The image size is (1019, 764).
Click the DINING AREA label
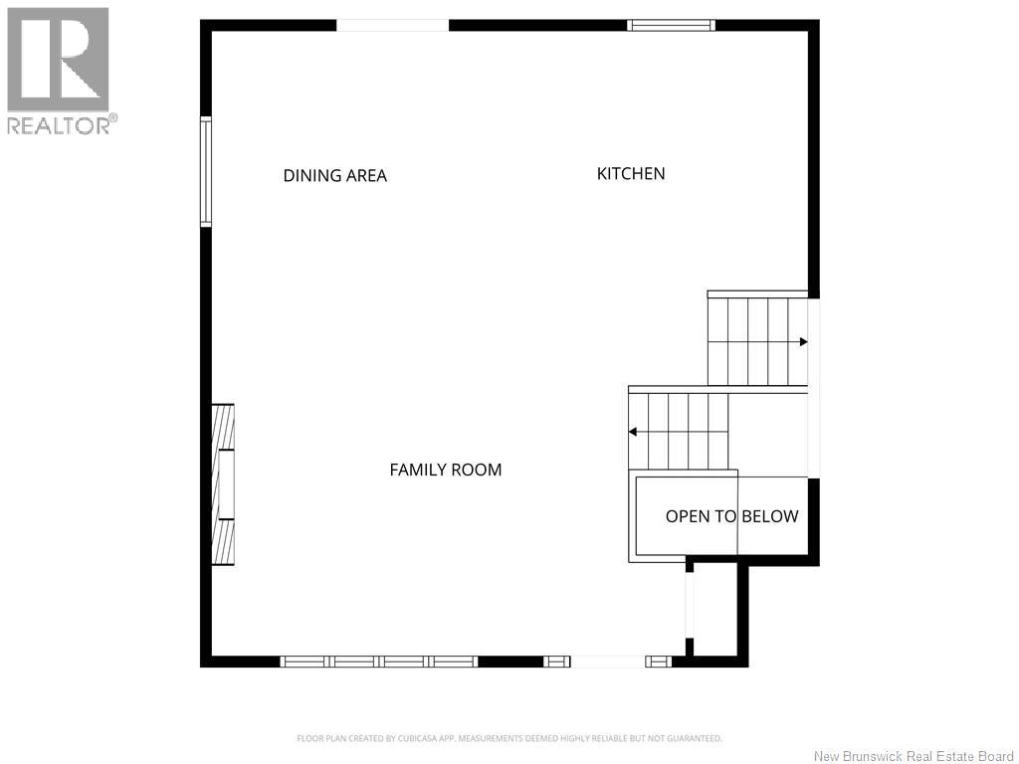tap(334, 175)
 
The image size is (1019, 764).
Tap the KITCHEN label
tap(631, 173)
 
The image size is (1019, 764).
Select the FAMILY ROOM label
tap(445, 470)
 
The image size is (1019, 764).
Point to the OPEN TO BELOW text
tap(731, 516)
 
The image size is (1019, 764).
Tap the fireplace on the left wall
tap(223, 484)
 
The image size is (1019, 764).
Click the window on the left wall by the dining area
tap(206, 172)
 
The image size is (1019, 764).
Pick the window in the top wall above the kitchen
tap(671, 25)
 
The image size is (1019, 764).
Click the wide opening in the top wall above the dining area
tap(392, 25)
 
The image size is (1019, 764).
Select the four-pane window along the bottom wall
tap(379, 662)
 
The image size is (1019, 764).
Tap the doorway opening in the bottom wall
tap(608, 662)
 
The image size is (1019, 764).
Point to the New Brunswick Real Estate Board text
tap(914, 756)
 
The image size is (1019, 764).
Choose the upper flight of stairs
tap(757, 342)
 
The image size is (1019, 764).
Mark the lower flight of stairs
tap(679, 432)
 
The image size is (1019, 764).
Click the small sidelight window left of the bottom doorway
tap(557, 662)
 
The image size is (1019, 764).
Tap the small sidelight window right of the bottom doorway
tap(659, 662)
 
